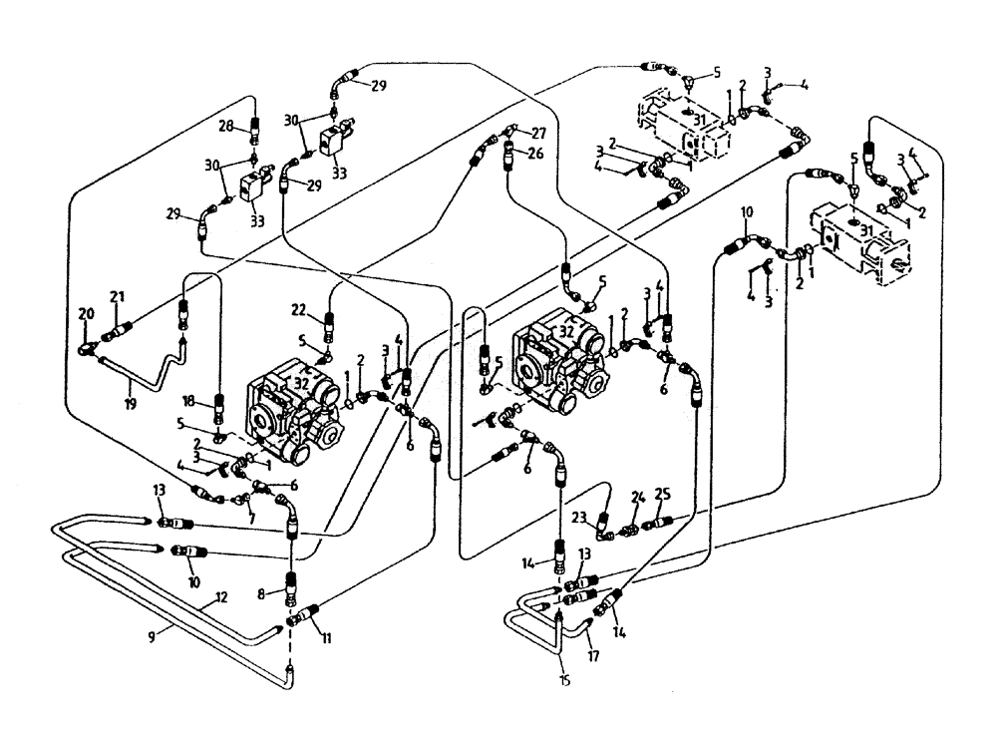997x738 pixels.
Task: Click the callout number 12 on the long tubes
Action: (x=221, y=598)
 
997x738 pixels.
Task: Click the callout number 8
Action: (x=261, y=592)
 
